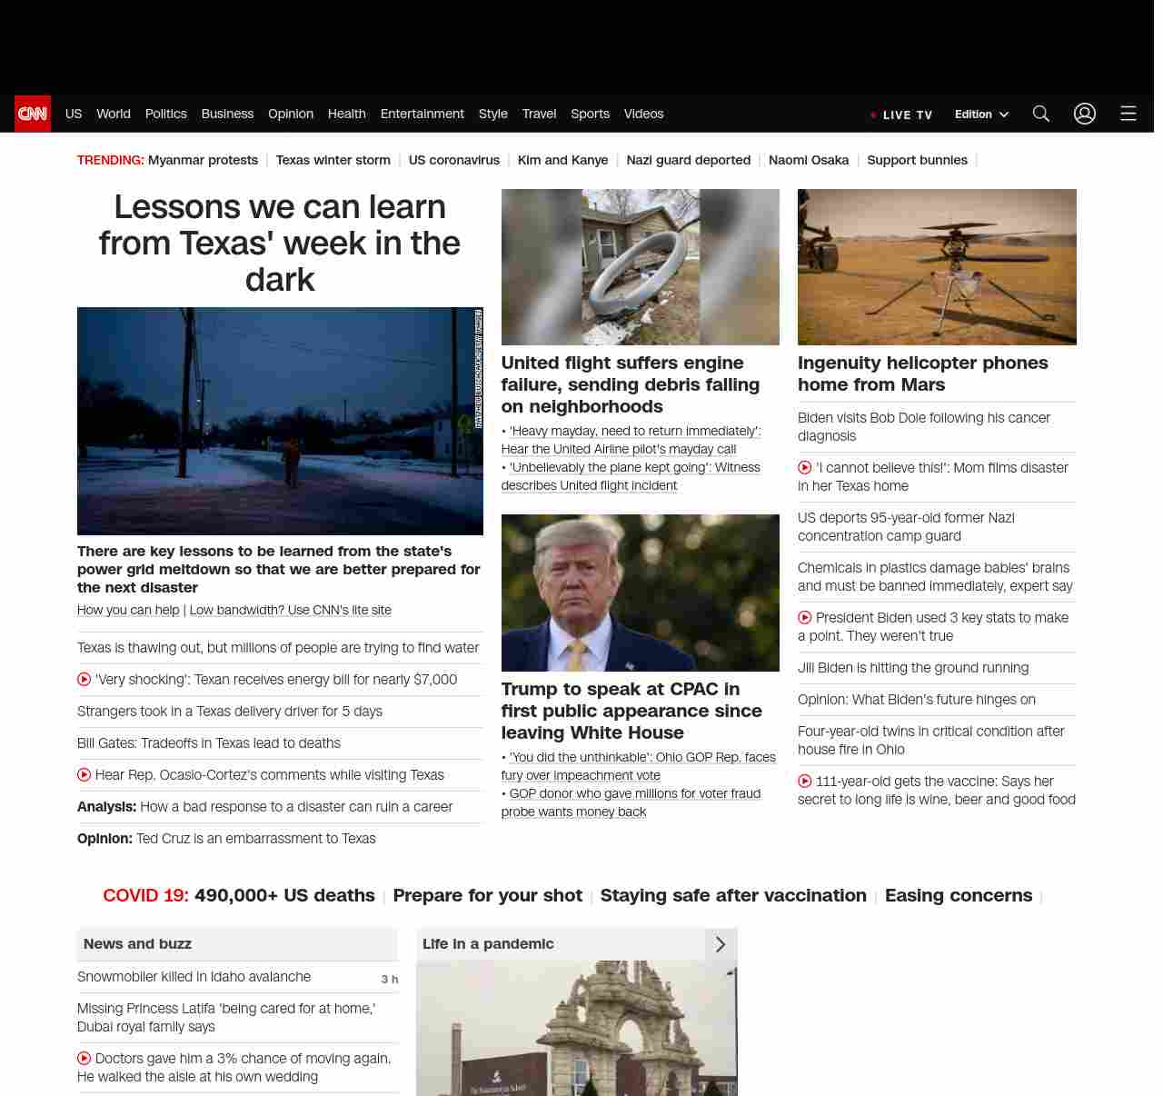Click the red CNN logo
(33, 114)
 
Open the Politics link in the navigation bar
(165, 114)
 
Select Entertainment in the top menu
(422, 114)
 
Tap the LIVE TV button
(902, 115)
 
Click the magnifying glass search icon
(1040, 114)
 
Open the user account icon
(1084, 114)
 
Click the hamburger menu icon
(1128, 114)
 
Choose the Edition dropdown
(981, 115)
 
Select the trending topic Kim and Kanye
(562, 160)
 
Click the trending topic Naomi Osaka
(808, 160)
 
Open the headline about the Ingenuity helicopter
(922, 374)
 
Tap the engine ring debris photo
(640, 268)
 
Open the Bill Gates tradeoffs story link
(209, 743)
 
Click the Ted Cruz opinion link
(255, 839)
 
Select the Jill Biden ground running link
(912, 668)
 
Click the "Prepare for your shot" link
(487, 895)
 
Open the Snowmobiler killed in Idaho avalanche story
(194, 977)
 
